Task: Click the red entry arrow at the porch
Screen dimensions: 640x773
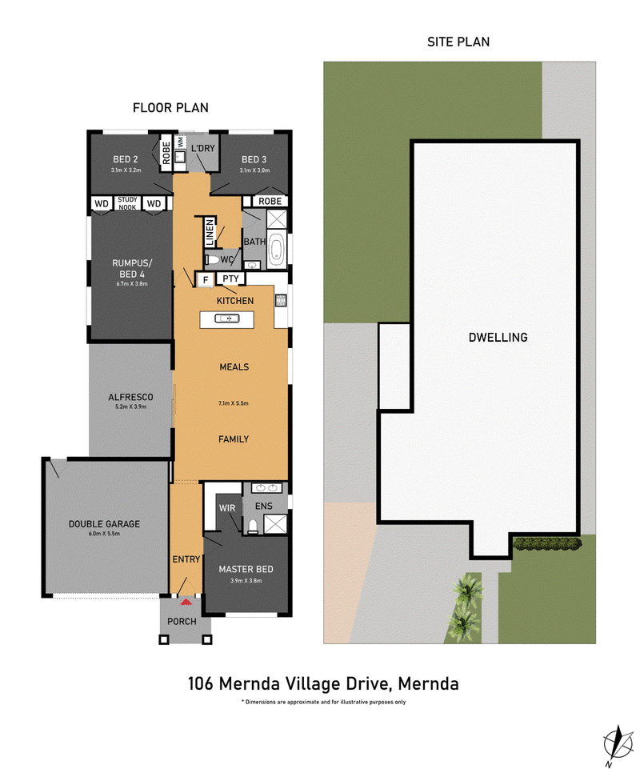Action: (186, 602)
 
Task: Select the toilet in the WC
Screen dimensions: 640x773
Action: (213, 259)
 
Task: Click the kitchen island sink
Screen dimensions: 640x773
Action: (227, 318)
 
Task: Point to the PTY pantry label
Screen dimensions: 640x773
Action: (230, 278)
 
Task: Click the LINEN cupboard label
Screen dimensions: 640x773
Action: (210, 232)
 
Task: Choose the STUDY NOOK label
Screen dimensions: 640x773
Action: (128, 203)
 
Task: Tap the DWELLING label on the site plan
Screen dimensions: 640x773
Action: (498, 337)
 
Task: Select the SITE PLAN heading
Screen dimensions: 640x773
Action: (458, 42)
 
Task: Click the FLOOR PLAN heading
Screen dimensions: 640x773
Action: (170, 107)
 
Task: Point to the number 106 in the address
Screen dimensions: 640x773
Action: (200, 683)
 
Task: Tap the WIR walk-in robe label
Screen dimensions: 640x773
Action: (227, 508)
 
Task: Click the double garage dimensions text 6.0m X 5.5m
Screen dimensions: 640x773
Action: (104, 534)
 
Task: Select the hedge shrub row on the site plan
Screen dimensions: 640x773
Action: (547, 544)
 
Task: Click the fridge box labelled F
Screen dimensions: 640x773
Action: (206, 279)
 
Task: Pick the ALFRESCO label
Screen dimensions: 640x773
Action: (130, 397)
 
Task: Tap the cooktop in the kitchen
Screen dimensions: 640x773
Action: (281, 300)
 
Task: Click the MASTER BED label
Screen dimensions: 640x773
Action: (246, 569)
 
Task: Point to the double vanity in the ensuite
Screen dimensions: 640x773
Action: (266, 487)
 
